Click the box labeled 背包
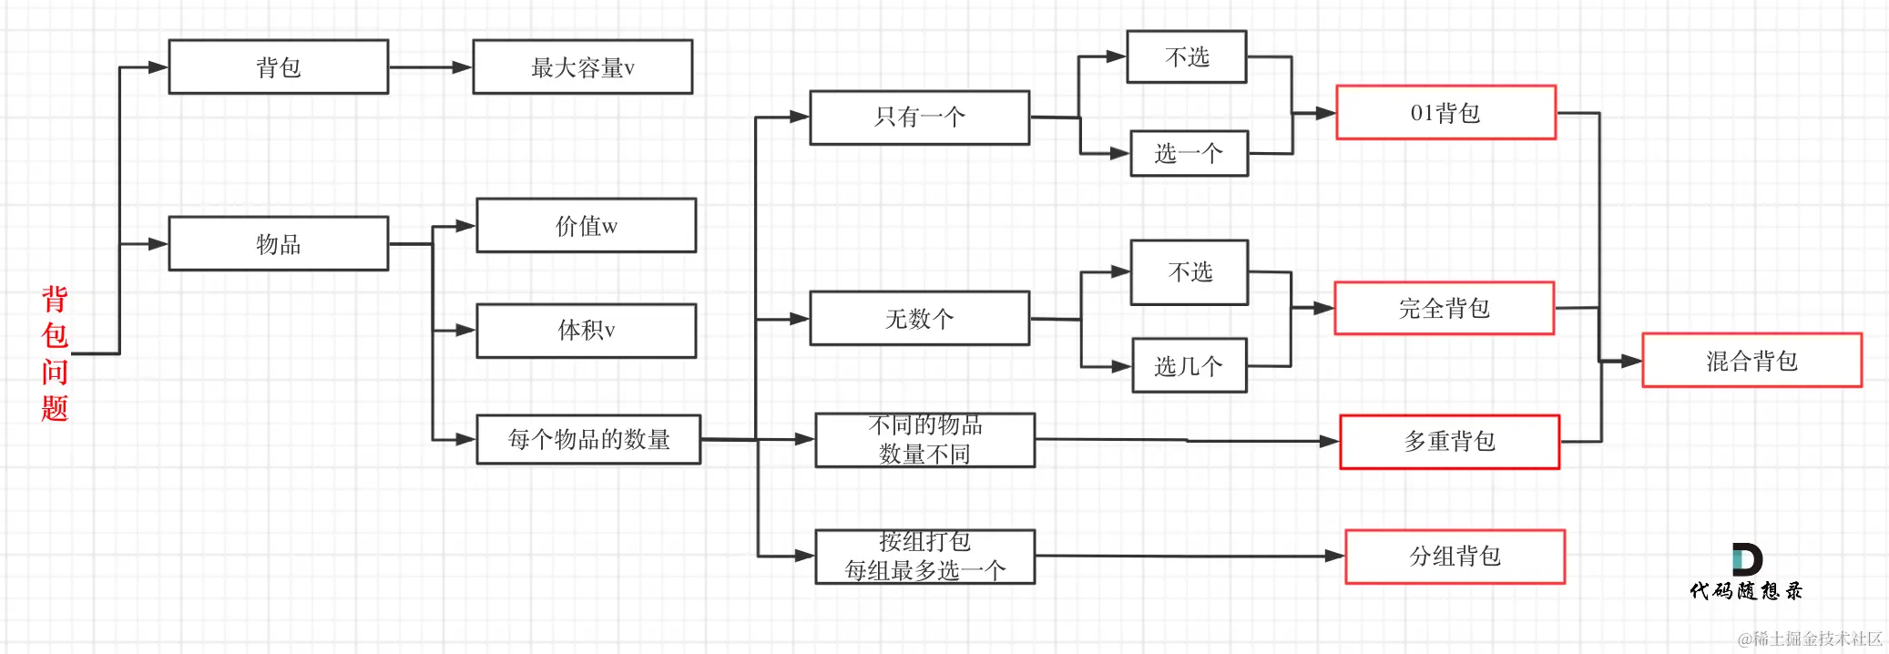tap(278, 66)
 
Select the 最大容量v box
tap(582, 66)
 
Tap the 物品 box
tap(278, 243)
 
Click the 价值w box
tap(586, 225)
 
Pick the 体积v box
tap(586, 330)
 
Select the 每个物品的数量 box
tap(588, 439)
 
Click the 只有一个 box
tap(919, 117)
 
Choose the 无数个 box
tap(919, 318)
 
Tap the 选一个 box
tap(1189, 153)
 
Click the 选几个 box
tap(1189, 365)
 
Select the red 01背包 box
tap(1445, 112)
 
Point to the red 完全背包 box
tap(1444, 308)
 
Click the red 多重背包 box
tap(1449, 441)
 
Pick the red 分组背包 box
tap(1455, 556)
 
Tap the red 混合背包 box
tap(1751, 360)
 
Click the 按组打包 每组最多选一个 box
tap(924, 556)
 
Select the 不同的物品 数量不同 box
tap(924, 440)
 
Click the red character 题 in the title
tap(55, 407)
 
